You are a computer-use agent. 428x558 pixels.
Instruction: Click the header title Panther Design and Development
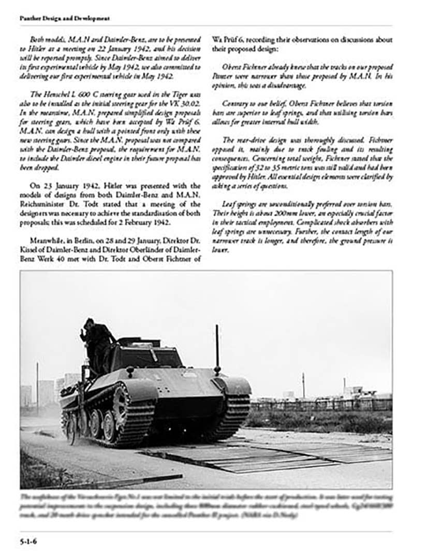64,19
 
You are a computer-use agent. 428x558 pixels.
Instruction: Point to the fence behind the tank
321,404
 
